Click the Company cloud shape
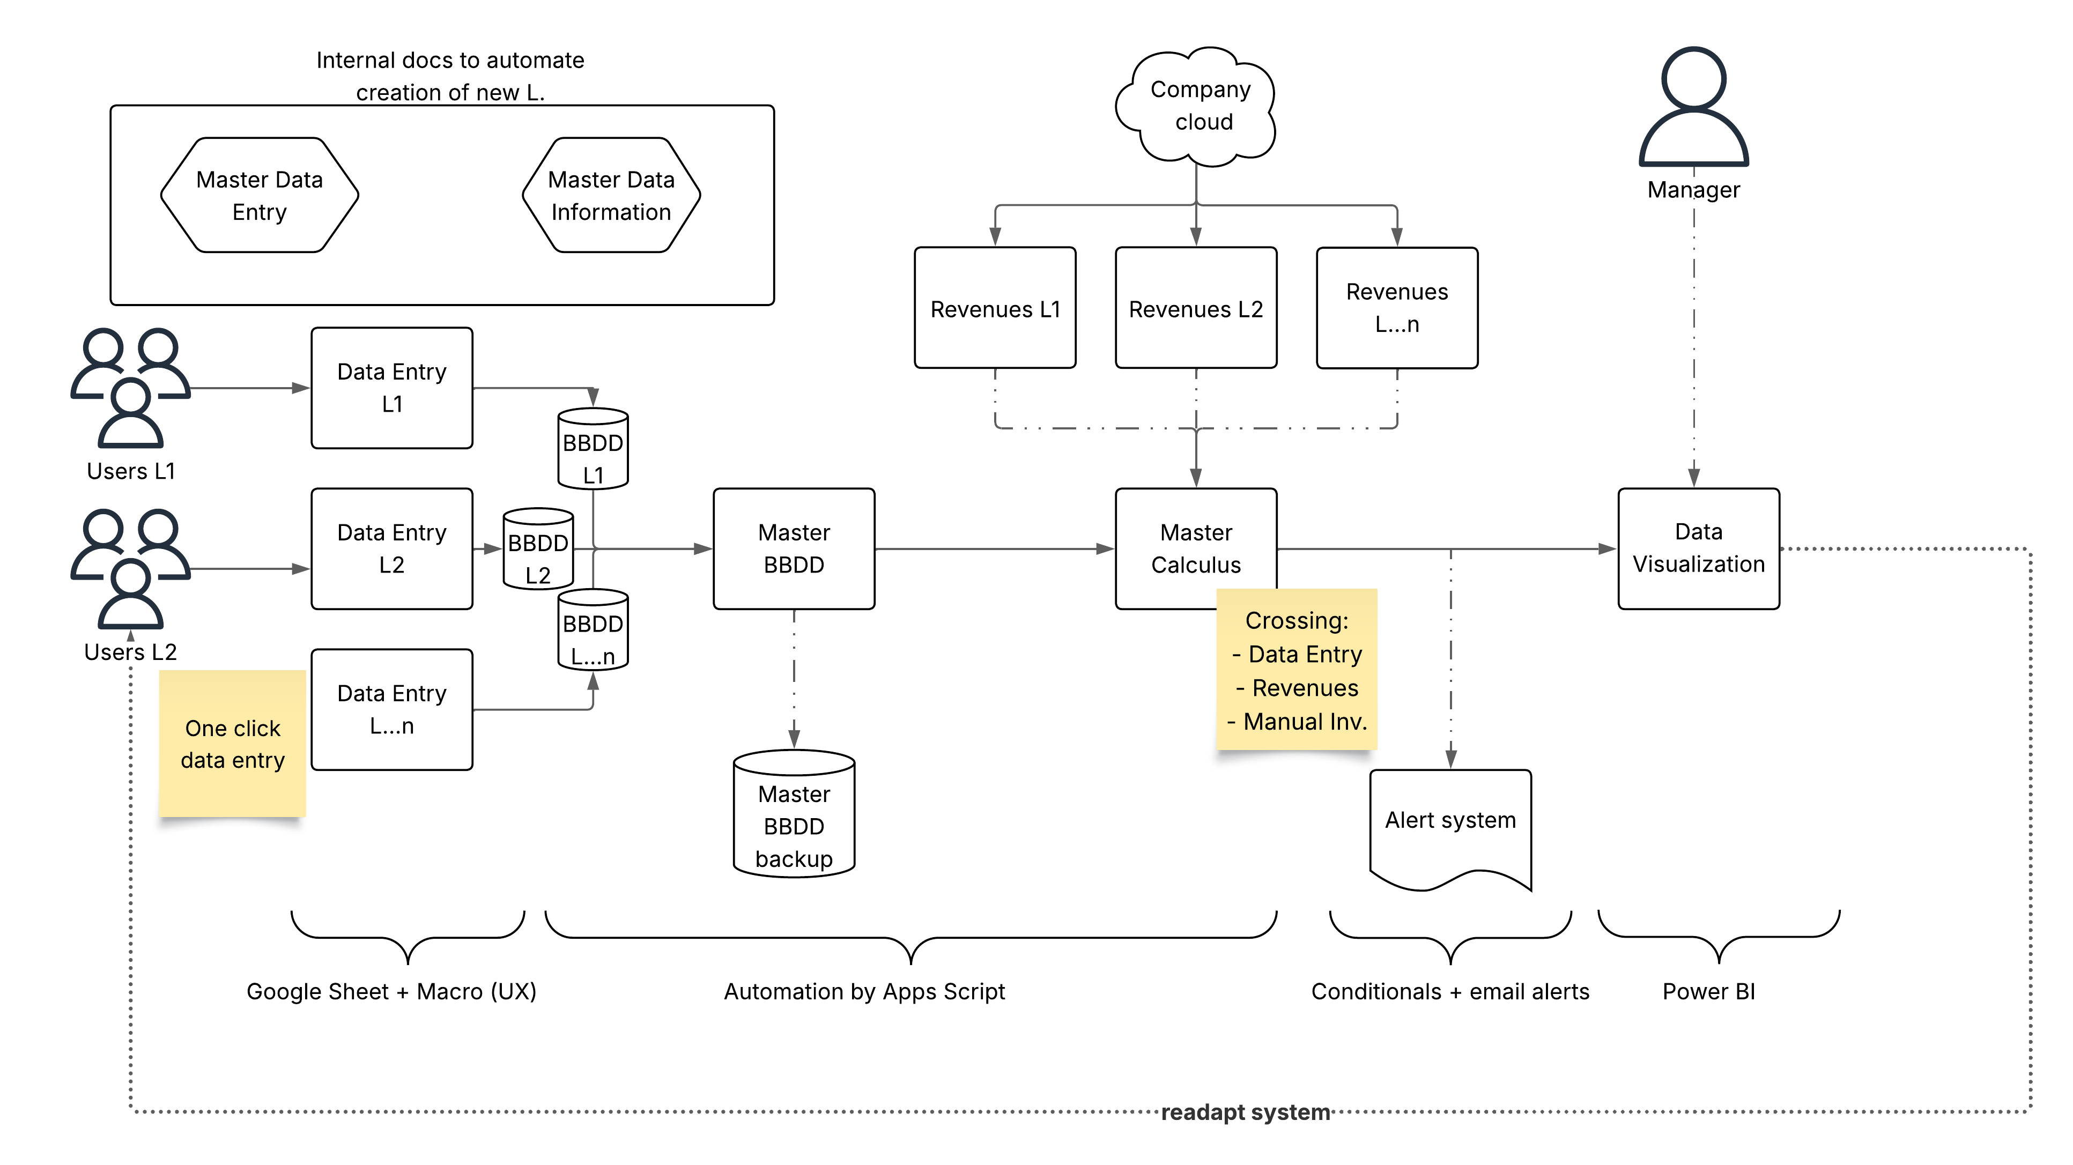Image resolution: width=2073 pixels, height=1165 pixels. (1196, 106)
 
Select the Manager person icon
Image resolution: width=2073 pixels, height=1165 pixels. (1693, 106)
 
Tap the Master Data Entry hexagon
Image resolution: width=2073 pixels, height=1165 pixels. (259, 195)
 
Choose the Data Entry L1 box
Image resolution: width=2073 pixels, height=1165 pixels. (392, 388)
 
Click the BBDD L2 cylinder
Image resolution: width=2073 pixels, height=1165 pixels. (538, 548)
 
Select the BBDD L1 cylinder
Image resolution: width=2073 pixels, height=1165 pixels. (593, 448)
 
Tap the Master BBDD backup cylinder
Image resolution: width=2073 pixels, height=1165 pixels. (794, 813)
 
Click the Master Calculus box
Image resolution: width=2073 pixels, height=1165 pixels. (1196, 548)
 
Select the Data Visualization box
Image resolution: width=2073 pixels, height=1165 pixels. (1699, 548)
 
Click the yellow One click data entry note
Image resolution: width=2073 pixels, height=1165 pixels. (233, 744)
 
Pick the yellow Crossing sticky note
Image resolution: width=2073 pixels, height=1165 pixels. (1297, 670)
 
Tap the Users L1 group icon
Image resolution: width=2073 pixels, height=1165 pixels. (130, 388)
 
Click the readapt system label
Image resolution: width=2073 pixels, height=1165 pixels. (1245, 1112)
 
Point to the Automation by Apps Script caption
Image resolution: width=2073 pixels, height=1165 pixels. (864, 992)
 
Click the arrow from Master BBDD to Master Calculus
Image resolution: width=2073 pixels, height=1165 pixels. (995, 548)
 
